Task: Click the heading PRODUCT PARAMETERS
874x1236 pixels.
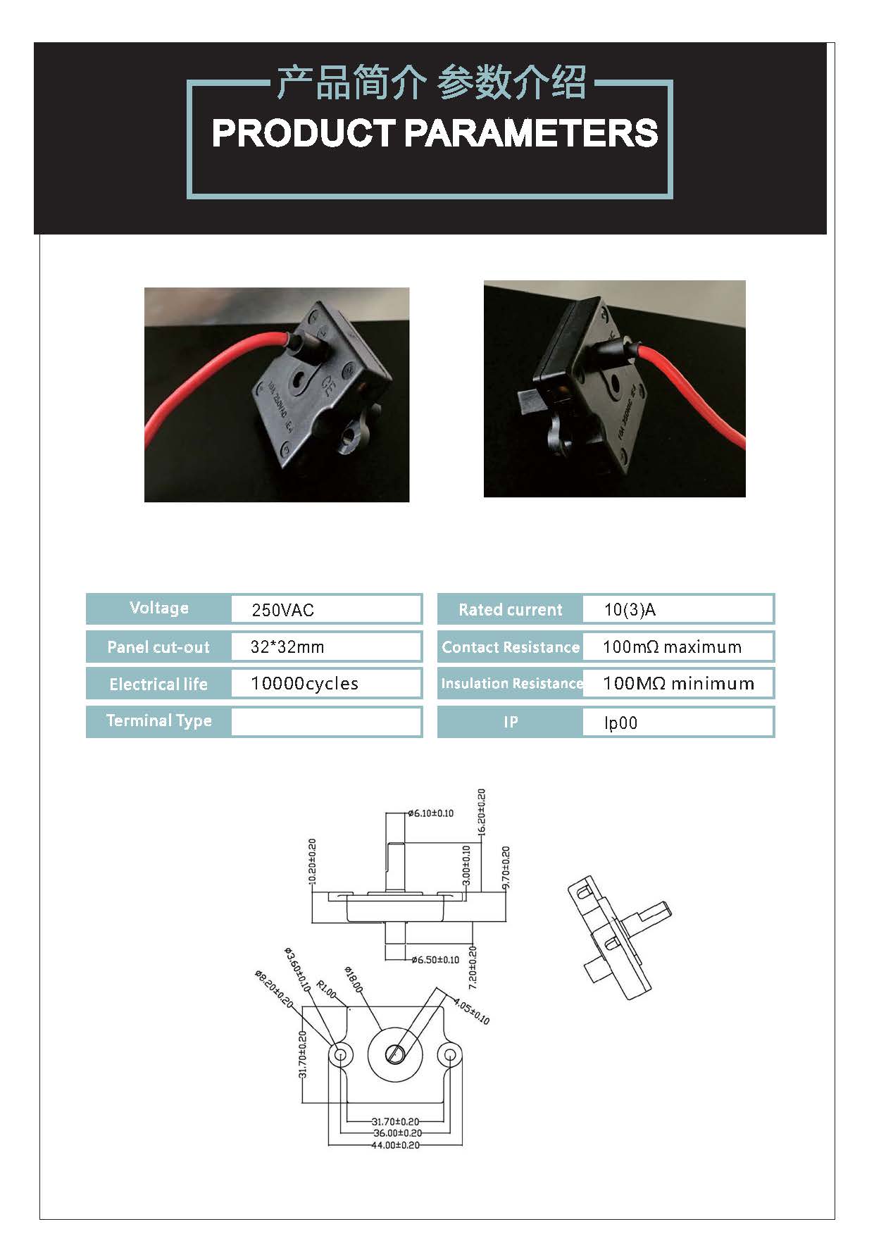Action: click(x=435, y=133)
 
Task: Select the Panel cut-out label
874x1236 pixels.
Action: click(x=158, y=647)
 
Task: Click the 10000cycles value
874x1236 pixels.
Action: click(x=304, y=684)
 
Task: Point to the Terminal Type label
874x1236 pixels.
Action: click(x=158, y=720)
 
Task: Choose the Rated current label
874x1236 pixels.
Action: click(x=510, y=610)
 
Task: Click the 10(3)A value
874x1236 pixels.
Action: click(x=630, y=610)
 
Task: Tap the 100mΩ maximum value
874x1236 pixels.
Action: click(x=672, y=647)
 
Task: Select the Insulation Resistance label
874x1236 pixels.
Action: click(x=511, y=684)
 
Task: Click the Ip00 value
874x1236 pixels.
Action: click(x=620, y=723)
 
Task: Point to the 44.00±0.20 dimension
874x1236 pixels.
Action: click(x=395, y=1145)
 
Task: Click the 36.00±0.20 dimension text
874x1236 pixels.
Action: click(x=397, y=1133)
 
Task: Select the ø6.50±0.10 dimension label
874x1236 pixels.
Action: click(x=435, y=960)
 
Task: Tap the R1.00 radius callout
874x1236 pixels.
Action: click(x=326, y=989)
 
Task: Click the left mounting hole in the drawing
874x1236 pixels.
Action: click(x=341, y=1055)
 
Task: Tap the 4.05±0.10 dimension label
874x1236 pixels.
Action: click(x=471, y=1011)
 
